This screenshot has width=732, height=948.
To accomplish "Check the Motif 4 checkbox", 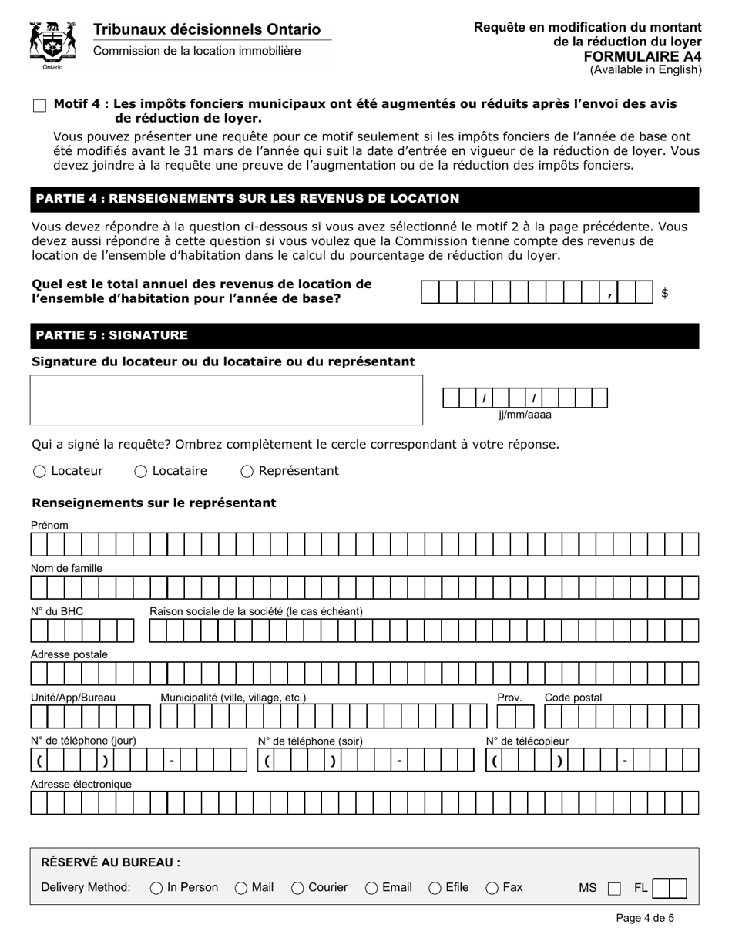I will pos(39,106).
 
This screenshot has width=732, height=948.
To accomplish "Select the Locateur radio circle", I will pos(40,472).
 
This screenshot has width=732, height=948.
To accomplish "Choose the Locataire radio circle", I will pos(141,472).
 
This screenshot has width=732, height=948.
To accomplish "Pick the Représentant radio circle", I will pos(247,472).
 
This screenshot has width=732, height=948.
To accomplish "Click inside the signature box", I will pos(226,400).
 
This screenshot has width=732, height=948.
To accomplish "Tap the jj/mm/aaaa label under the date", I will pos(525,415).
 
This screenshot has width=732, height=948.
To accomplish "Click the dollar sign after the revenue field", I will pos(664,293).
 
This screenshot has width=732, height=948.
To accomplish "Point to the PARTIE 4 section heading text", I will pos(247,199).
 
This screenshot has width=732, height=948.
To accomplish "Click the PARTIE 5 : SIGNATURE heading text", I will pos(112,335).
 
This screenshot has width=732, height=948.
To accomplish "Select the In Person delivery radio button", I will pos(156,888).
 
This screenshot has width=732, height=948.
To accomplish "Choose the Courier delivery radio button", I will pos(297,888).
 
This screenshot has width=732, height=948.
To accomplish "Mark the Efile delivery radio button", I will pos(435,888).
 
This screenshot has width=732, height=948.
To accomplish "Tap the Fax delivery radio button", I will pos(492,888).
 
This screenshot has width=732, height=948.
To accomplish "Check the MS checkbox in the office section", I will pos(614,889).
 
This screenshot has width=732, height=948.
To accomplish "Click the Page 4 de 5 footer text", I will pos(645,918).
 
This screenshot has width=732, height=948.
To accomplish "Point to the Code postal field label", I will pos(573,698).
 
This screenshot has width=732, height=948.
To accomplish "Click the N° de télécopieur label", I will pos(527,741).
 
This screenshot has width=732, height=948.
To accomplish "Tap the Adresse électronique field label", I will pos(81,784).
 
